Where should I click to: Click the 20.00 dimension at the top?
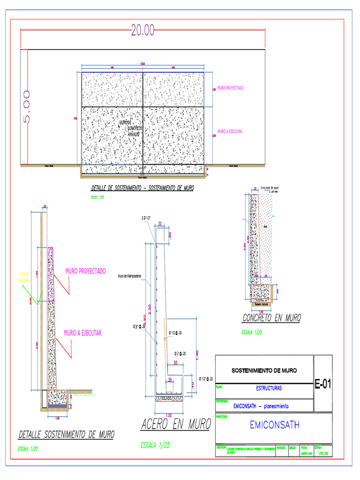[142, 30]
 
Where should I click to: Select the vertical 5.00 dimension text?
[26, 107]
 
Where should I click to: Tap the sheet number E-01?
[322, 384]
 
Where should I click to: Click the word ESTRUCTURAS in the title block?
[269, 389]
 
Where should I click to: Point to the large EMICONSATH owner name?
[274, 425]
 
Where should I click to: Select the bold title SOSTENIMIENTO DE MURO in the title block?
[264, 371]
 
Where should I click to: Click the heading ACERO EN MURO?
[175, 425]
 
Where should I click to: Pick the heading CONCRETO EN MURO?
[271, 318]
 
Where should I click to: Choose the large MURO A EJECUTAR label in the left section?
[82, 333]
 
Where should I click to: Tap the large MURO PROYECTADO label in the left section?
[85, 271]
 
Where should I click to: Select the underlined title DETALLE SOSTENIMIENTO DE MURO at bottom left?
[66, 435]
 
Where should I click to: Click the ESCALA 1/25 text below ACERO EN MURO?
[155, 445]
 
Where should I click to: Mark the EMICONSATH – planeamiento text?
[261, 406]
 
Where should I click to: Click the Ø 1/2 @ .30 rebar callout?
[176, 333]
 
